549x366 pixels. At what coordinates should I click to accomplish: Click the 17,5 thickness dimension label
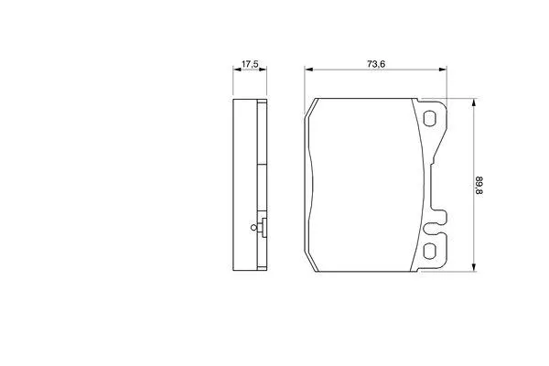coord(250,64)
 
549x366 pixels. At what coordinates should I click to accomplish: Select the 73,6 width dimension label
coord(376,64)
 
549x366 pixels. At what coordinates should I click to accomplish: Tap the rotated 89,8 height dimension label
coord(479,186)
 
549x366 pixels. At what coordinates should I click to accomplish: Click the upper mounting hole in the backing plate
coord(429,118)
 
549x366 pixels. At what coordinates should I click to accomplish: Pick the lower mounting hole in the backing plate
coord(429,252)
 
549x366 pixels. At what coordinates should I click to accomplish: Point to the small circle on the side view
coord(253,228)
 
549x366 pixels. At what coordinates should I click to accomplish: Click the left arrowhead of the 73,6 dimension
coord(308,70)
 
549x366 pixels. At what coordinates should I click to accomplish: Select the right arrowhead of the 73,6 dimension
coord(443,70)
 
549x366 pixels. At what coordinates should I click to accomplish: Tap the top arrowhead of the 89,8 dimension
coord(474,102)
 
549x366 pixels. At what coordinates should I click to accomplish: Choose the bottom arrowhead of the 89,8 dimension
coord(474,267)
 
